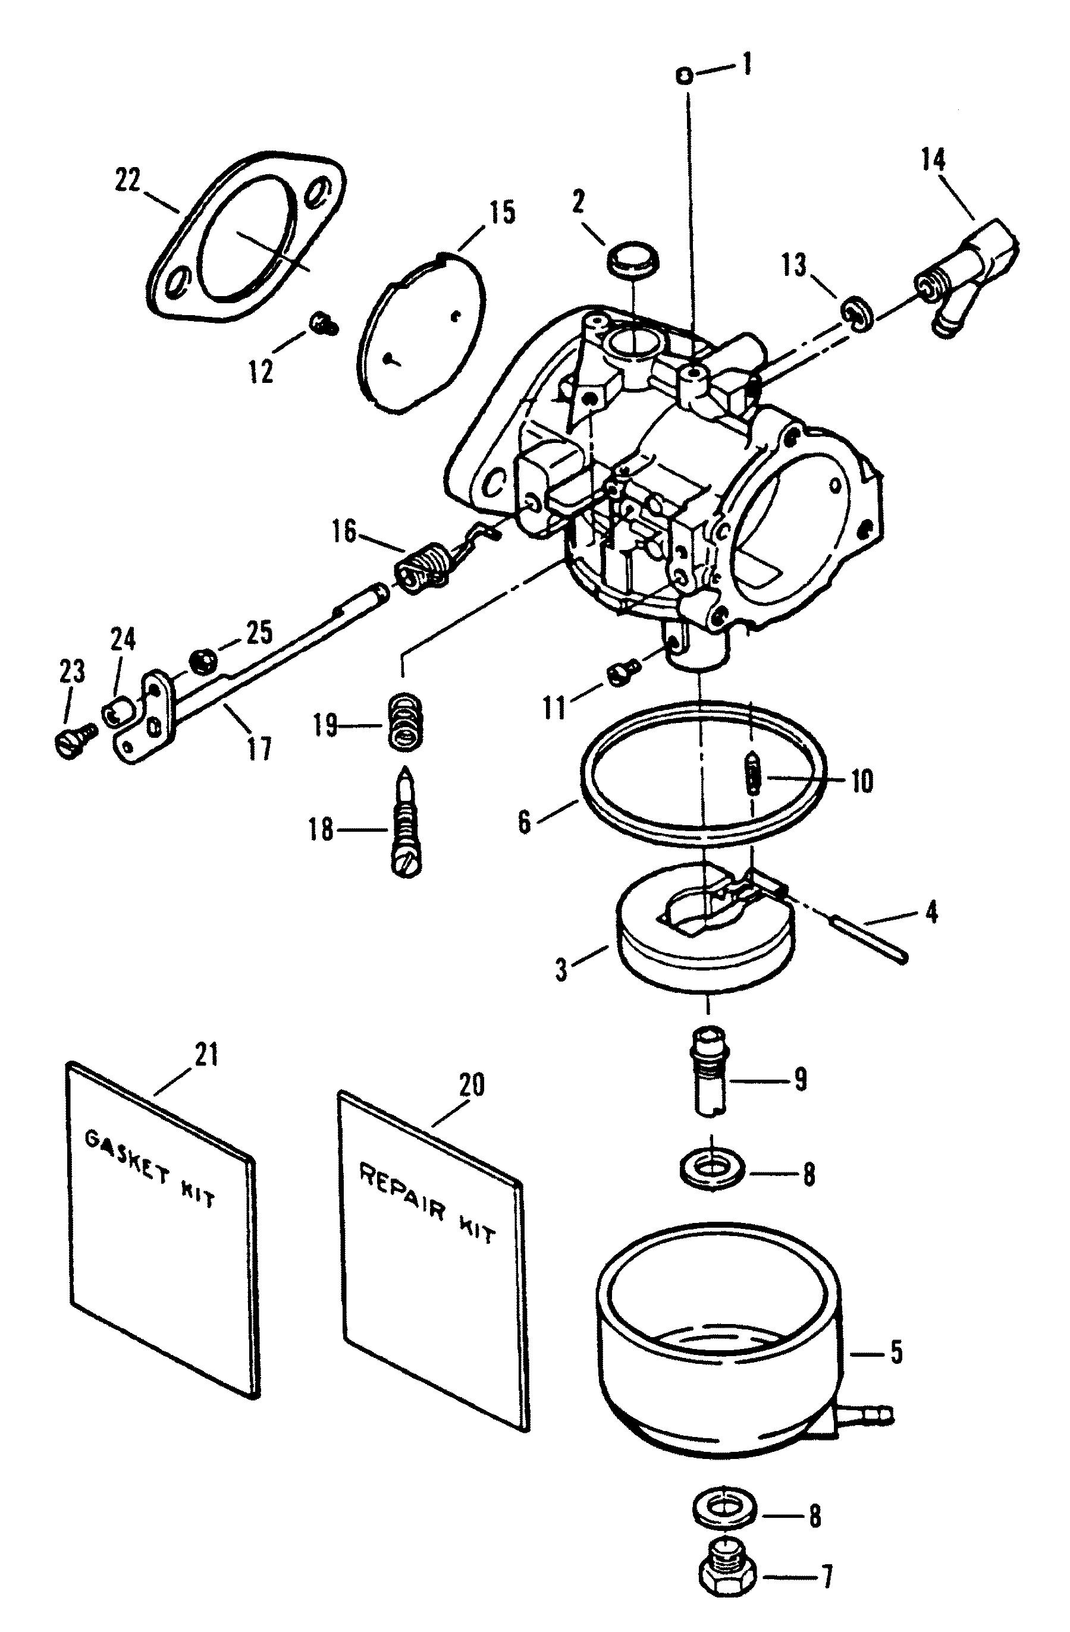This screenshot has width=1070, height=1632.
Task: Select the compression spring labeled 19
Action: tap(404, 721)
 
